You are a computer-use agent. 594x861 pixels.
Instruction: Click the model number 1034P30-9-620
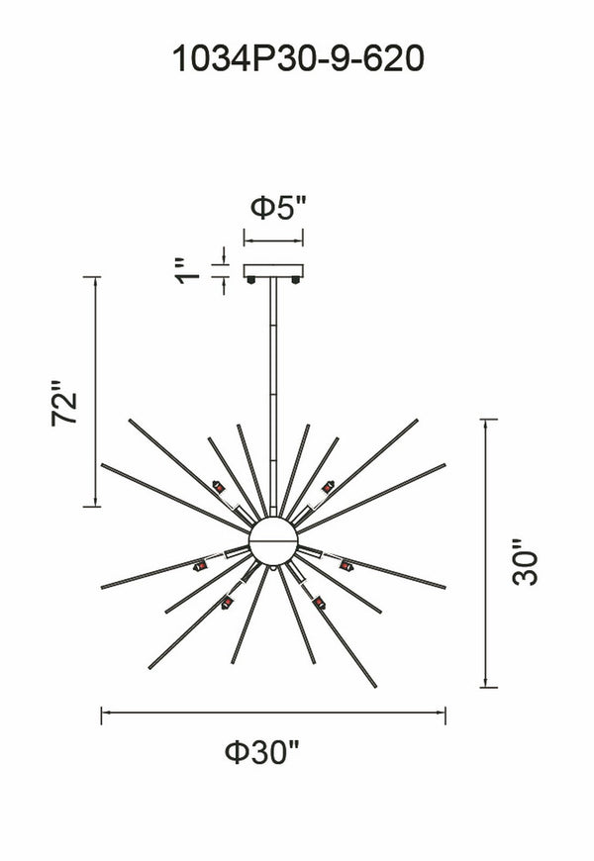pyautogui.click(x=298, y=58)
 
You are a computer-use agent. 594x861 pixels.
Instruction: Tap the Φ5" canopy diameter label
pyautogui.click(x=277, y=208)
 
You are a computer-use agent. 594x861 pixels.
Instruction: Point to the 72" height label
pyautogui.click(x=64, y=403)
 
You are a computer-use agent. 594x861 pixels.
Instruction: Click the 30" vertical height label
pyautogui.click(x=526, y=562)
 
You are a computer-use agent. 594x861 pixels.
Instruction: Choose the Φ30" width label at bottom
pyautogui.click(x=263, y=752)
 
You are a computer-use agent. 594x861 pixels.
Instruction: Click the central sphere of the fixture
pyautogui.click(x=273, y=541)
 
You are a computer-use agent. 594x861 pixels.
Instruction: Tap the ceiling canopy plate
pyautogui.click(x=273, y=271)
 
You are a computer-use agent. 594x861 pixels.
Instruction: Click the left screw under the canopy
pyautogui.click(x=251, y=280)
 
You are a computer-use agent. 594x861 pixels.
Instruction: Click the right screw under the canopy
pyautogui.click(x=296, y=280)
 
